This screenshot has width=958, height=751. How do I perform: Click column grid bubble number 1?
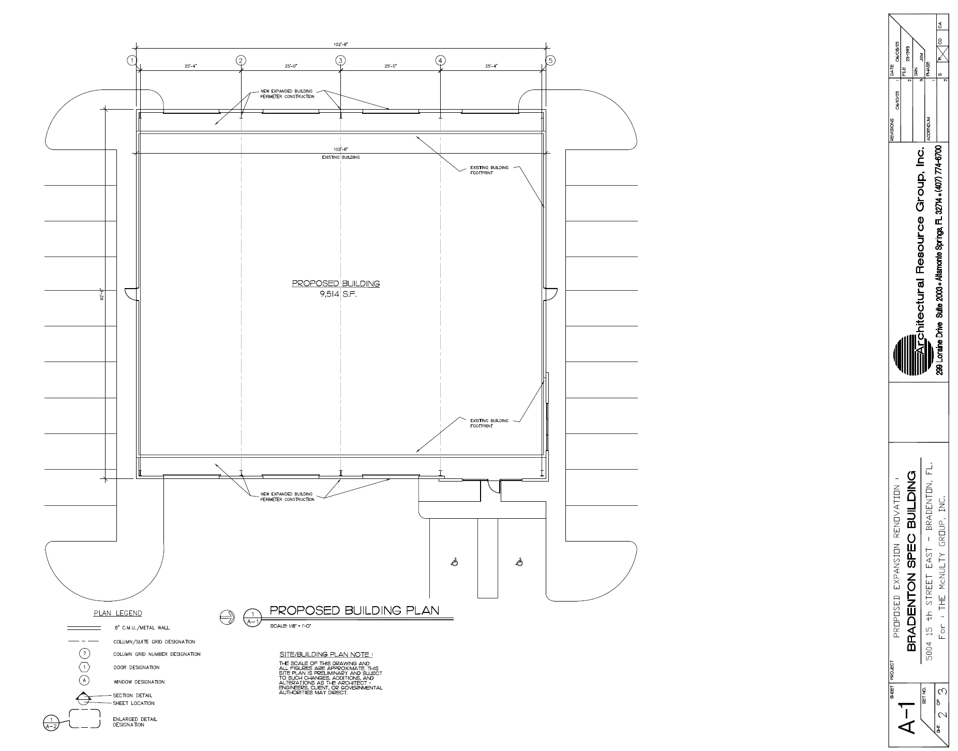tap(132, 61)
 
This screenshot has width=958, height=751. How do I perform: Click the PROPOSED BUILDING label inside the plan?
tap(336, 283)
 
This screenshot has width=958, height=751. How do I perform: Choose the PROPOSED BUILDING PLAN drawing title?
tap(354, 610)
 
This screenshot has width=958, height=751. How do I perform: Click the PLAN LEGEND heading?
tap(117, 613)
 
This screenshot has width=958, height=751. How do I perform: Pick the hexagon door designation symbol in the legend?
tap(85, 667)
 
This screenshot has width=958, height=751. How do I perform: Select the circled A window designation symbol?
tap(85, 681)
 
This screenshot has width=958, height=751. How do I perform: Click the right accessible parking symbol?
tap(519, 562)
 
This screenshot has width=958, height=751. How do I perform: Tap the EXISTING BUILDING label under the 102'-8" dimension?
tap(340, 157)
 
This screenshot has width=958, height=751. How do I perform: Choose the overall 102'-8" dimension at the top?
tap(340, 44)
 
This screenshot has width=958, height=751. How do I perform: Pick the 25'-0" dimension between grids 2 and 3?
tap(291, 66)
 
